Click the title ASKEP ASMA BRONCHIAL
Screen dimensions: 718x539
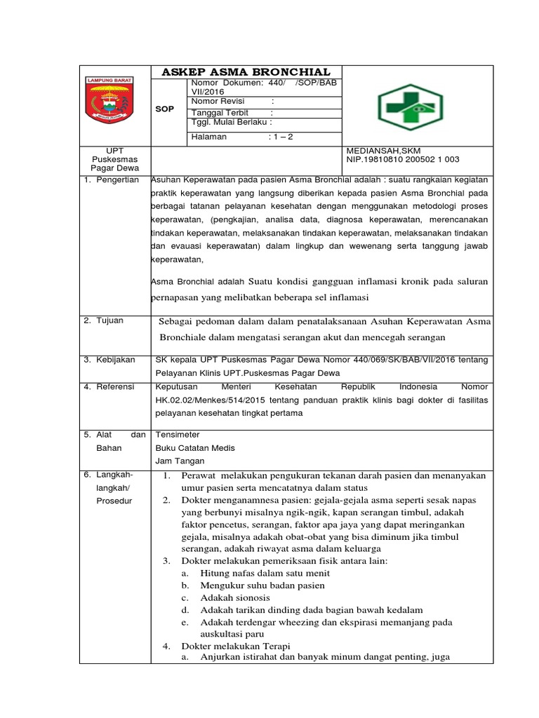click(x=246, y=72)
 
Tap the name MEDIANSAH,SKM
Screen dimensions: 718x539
click(x=382, y=150)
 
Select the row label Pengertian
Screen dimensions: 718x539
click(x=117, y=180)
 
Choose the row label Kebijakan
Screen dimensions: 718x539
click(x=114, y=360)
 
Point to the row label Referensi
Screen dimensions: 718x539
click(x=114, y=386)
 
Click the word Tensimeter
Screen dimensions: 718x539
click(x=178, y=435)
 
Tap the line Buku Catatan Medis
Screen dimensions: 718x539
click(x=195, y=448)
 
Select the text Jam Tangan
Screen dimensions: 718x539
click(x=180, y=461)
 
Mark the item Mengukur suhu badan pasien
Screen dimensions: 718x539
click(x=262, y=585)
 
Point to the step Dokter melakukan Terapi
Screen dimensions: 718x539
click(x=236, y=646)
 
